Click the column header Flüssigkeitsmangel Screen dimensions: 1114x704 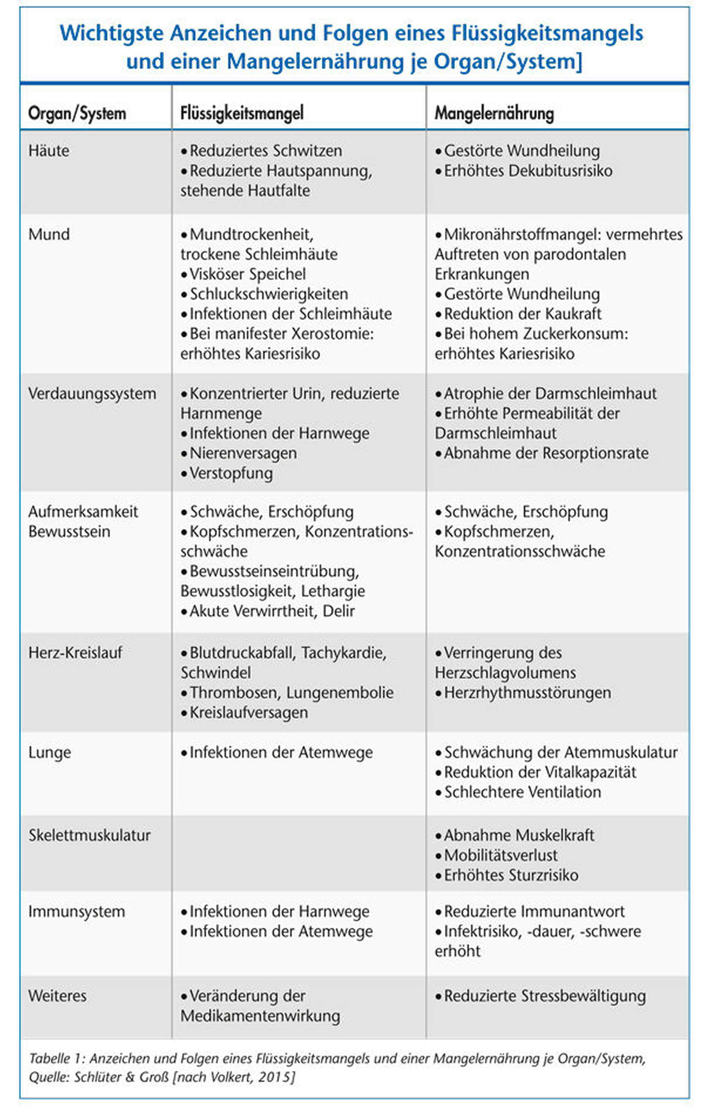[x=242, y=113]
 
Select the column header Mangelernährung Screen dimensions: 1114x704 [x=494, y=113]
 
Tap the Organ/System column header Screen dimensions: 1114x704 [x=77, y=113]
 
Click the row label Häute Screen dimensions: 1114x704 [x=49, y=150]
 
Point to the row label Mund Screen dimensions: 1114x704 [x=49, y=234]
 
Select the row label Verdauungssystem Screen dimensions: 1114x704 [x=92, y=394]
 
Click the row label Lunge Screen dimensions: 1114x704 [x=50, y=753]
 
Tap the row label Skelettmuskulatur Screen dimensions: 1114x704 [x=89, y=835]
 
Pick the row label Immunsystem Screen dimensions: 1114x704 [x=76, y=911]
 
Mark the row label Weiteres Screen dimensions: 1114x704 [x=57, y=996]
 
